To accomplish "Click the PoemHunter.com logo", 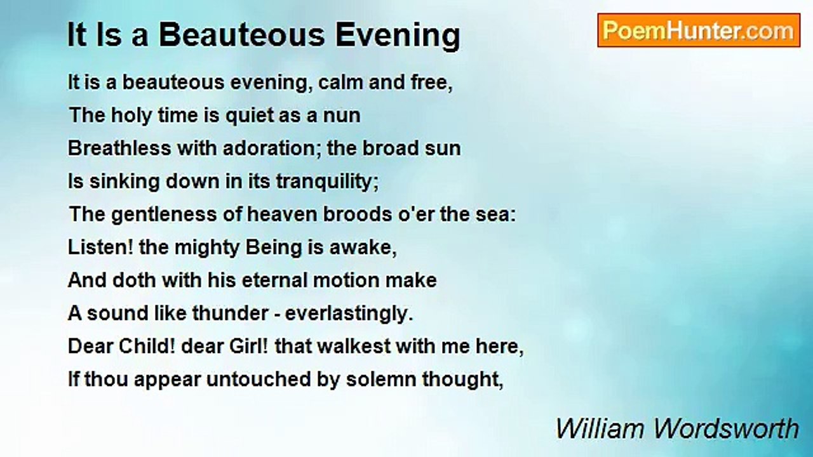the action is click(699, 30).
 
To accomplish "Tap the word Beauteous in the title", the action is click(241, 35).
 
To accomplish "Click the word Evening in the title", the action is click(398, 36).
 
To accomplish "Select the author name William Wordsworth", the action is click(677, 428).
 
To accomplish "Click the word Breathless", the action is click(119, 148).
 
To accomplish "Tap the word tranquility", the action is click(327, 182).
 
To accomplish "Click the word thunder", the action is click(230, 313).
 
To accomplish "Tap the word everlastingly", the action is click(349, 314).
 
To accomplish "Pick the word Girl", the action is click(249, 347).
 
